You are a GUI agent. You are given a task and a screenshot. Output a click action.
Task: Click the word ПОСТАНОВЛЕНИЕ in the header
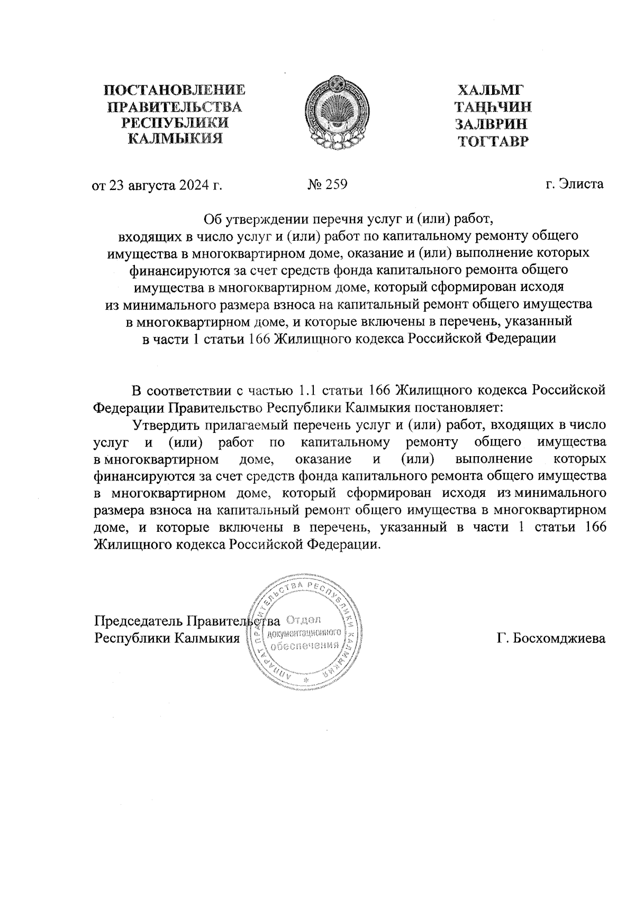click(175, 90)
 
